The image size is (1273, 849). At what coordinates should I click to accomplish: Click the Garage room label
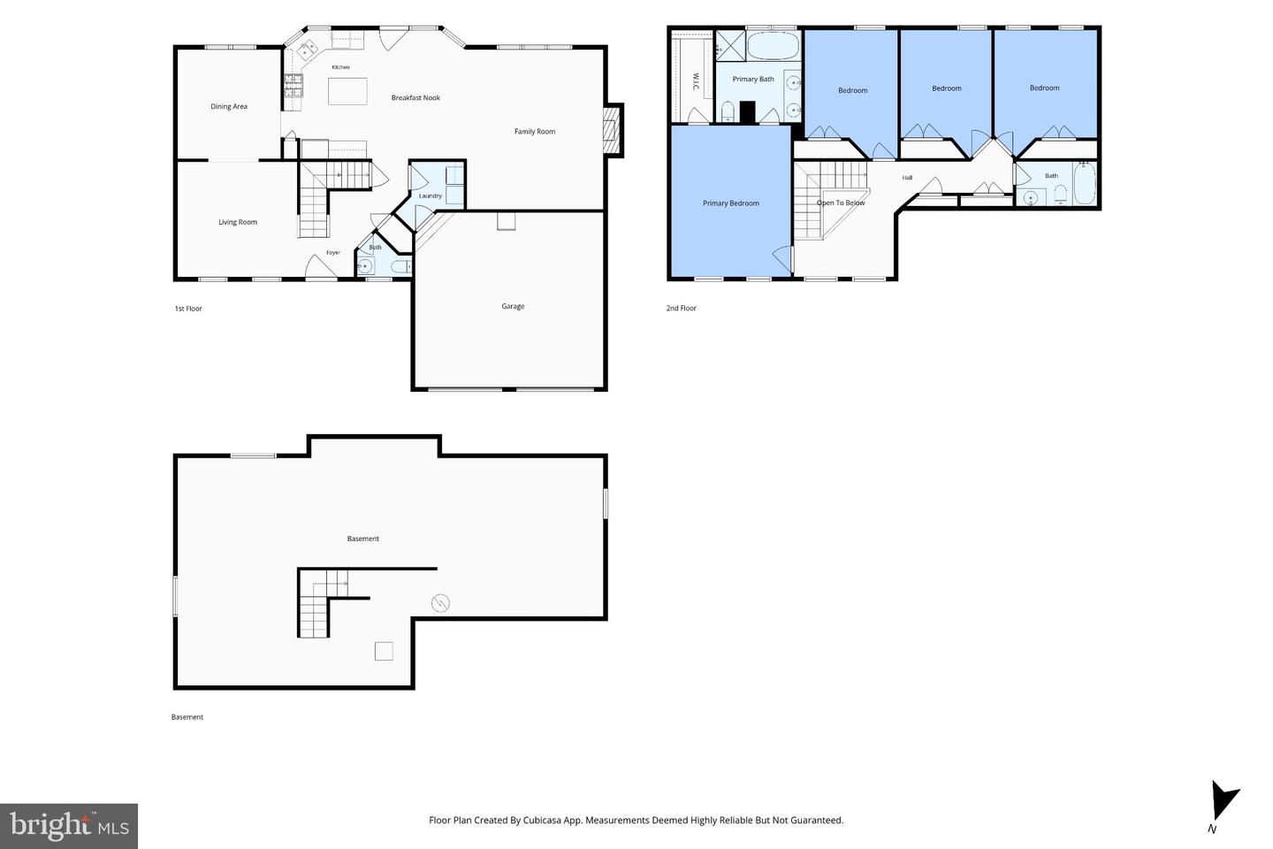point(513,306)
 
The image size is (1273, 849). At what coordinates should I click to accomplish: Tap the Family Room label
point(535,132)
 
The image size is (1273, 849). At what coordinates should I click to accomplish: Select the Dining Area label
point(229,106)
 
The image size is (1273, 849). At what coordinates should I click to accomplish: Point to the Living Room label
point(238,222)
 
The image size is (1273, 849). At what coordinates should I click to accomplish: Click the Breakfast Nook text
point(415,98)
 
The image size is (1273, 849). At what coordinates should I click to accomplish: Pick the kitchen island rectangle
point(347,92)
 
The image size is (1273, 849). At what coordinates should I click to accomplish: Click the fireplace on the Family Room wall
point(614,130)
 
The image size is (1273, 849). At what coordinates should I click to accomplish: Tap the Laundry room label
point(431,195)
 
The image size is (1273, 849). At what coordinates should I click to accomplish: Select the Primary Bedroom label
point(731,203)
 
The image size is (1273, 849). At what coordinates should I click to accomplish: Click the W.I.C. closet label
point(697,82)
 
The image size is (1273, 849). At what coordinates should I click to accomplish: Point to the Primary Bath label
point(753,79)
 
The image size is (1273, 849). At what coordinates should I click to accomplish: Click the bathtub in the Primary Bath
point(773,46)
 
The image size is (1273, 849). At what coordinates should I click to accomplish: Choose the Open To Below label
point(841,203)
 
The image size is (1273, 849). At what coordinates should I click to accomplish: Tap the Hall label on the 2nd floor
point(907,178)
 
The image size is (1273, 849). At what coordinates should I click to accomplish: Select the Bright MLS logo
point(69,826)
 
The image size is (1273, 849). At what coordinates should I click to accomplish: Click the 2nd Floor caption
point(681,309)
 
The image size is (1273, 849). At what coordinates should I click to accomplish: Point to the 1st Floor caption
point(188,309)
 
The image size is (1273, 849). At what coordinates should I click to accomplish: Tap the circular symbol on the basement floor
point(440,603)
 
